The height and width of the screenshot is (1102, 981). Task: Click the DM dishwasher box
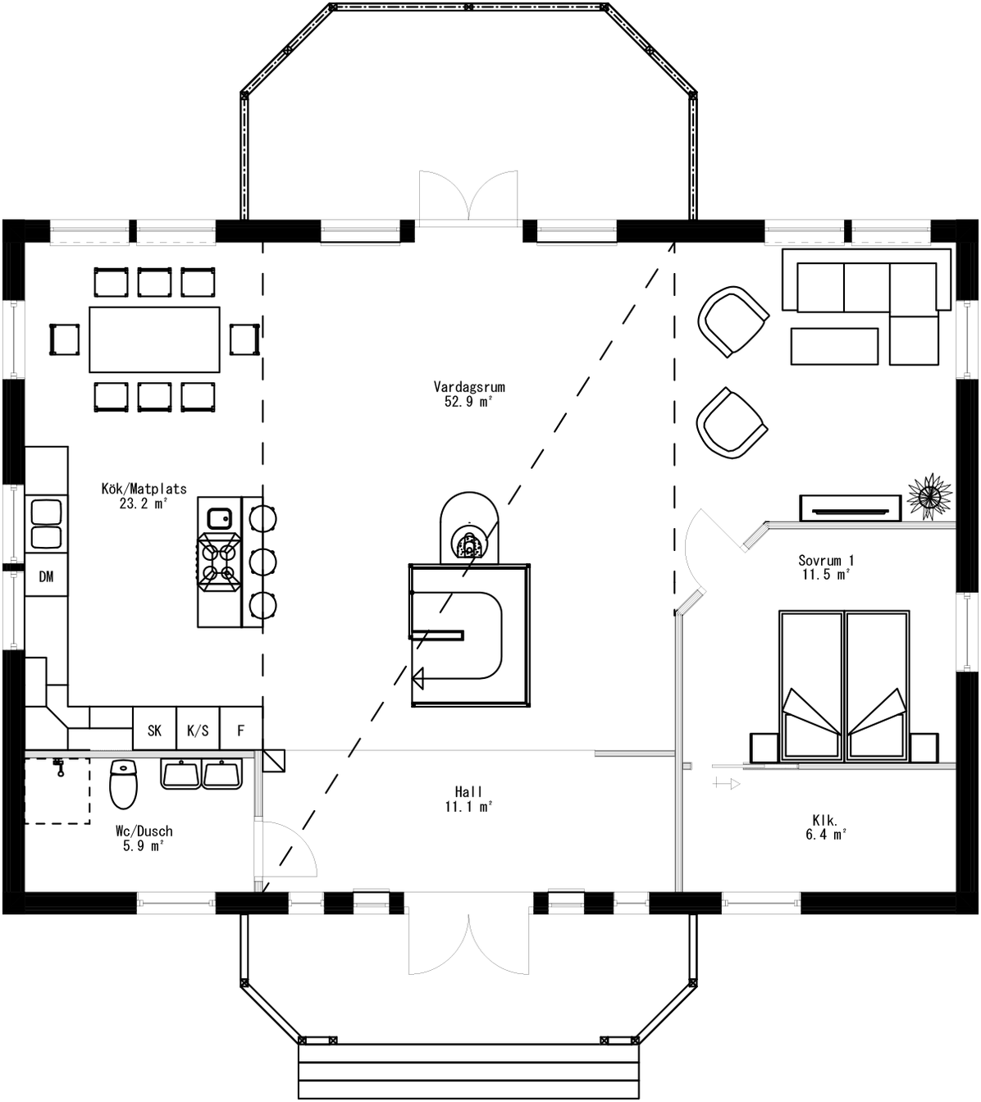(x=46, y=576)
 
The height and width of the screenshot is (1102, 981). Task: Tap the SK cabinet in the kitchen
(x=154, y=730)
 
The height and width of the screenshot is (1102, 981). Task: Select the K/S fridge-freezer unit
(x=198, y=730)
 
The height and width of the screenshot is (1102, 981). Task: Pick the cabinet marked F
(x=241, y=730)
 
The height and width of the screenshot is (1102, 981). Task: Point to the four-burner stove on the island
(x=219, y=561)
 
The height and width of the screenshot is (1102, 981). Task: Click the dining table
(x=154, y=339)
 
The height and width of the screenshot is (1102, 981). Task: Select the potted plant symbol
(x=929, y=496)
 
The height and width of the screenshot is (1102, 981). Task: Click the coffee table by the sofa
(x=834, y=346)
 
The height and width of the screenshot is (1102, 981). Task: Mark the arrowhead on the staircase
(x=418, y=678)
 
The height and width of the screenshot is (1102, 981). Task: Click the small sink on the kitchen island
(x=219, y=518)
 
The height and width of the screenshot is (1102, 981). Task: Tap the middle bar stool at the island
(x=262, y=562)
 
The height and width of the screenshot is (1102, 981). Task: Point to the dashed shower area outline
(x=57, y=790)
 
